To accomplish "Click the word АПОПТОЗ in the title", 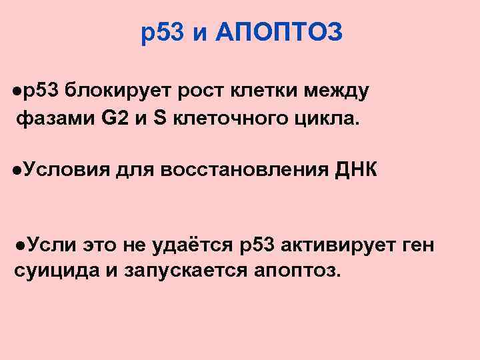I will click(280, 31).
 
